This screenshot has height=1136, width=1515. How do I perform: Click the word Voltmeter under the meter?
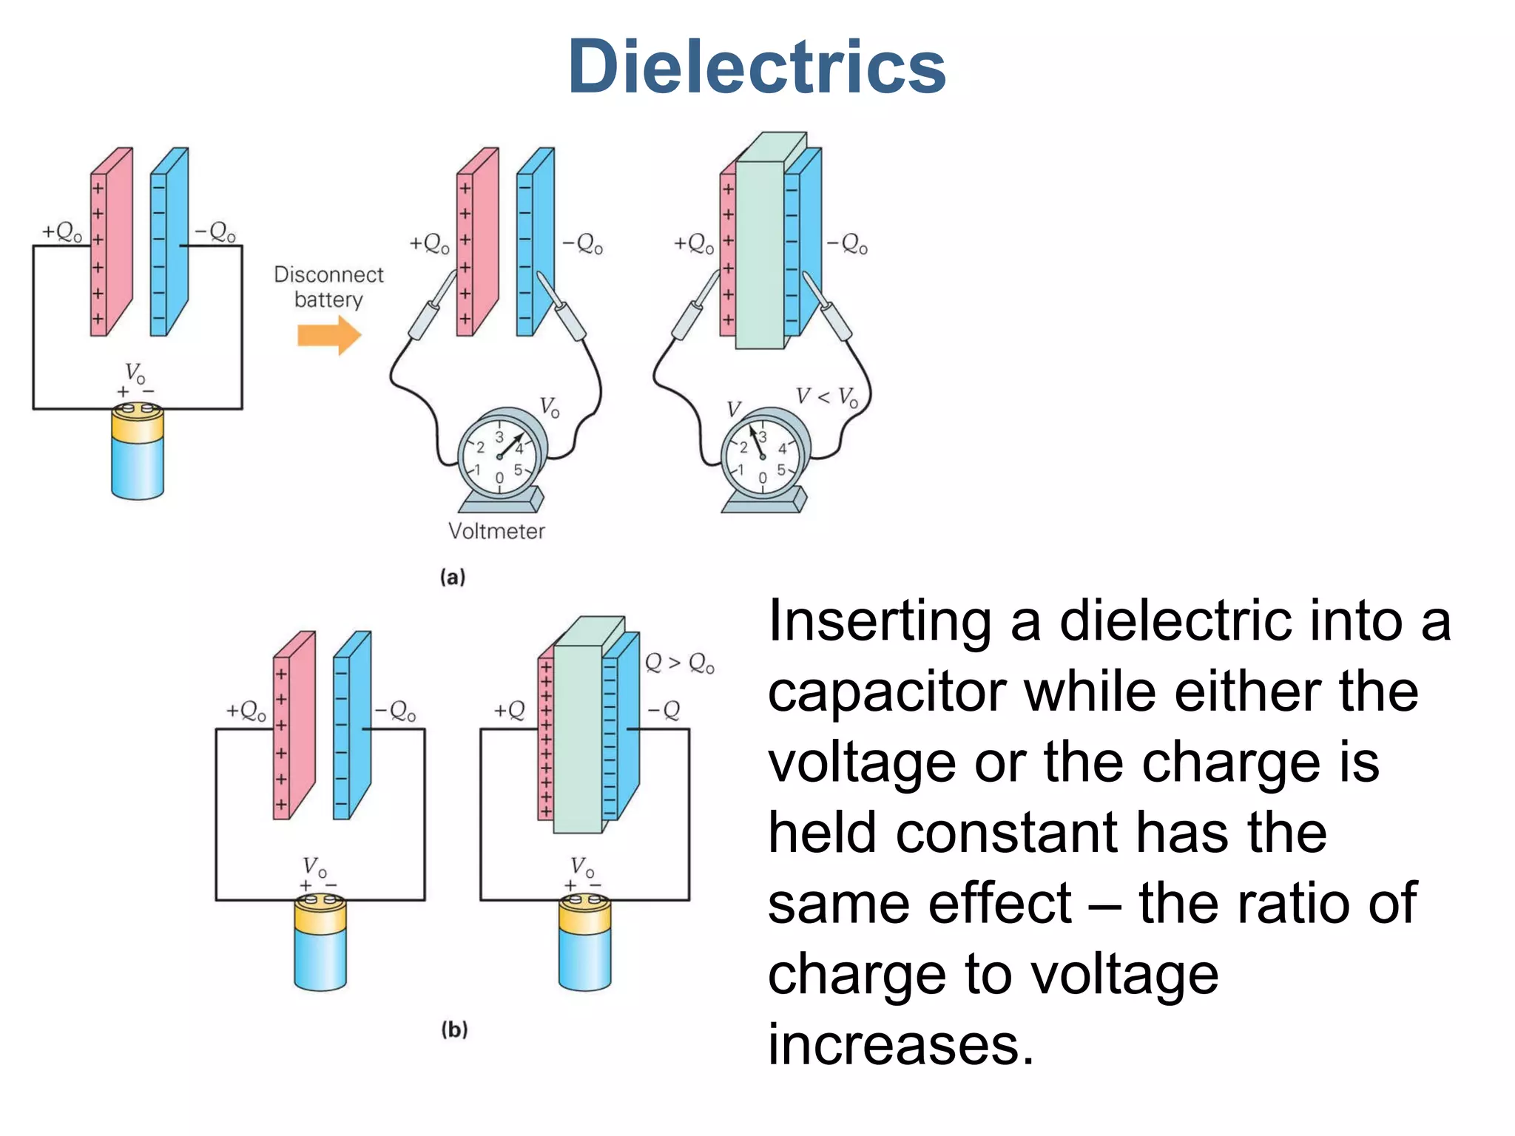[x=496, y=531]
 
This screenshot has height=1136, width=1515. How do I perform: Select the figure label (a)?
[x=453, y=577]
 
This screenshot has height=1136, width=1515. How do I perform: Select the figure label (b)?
[x=454, y=1029]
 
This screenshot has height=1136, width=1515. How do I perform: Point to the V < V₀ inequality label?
[x=826, y=397]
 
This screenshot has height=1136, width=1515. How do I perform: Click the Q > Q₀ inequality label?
[x=679, y=663]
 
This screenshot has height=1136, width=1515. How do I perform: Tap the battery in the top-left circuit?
[x=138, y=451]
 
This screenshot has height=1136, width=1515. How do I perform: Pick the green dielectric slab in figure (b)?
[x=578, y=740]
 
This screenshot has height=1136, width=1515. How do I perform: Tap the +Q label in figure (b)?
[x=510, y=711]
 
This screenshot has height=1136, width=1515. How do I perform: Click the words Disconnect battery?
[x=329, y=287]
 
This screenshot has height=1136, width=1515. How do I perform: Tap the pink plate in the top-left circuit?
[x=111, y=244]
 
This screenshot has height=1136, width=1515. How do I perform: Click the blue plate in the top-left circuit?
[x=169, y=244]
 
